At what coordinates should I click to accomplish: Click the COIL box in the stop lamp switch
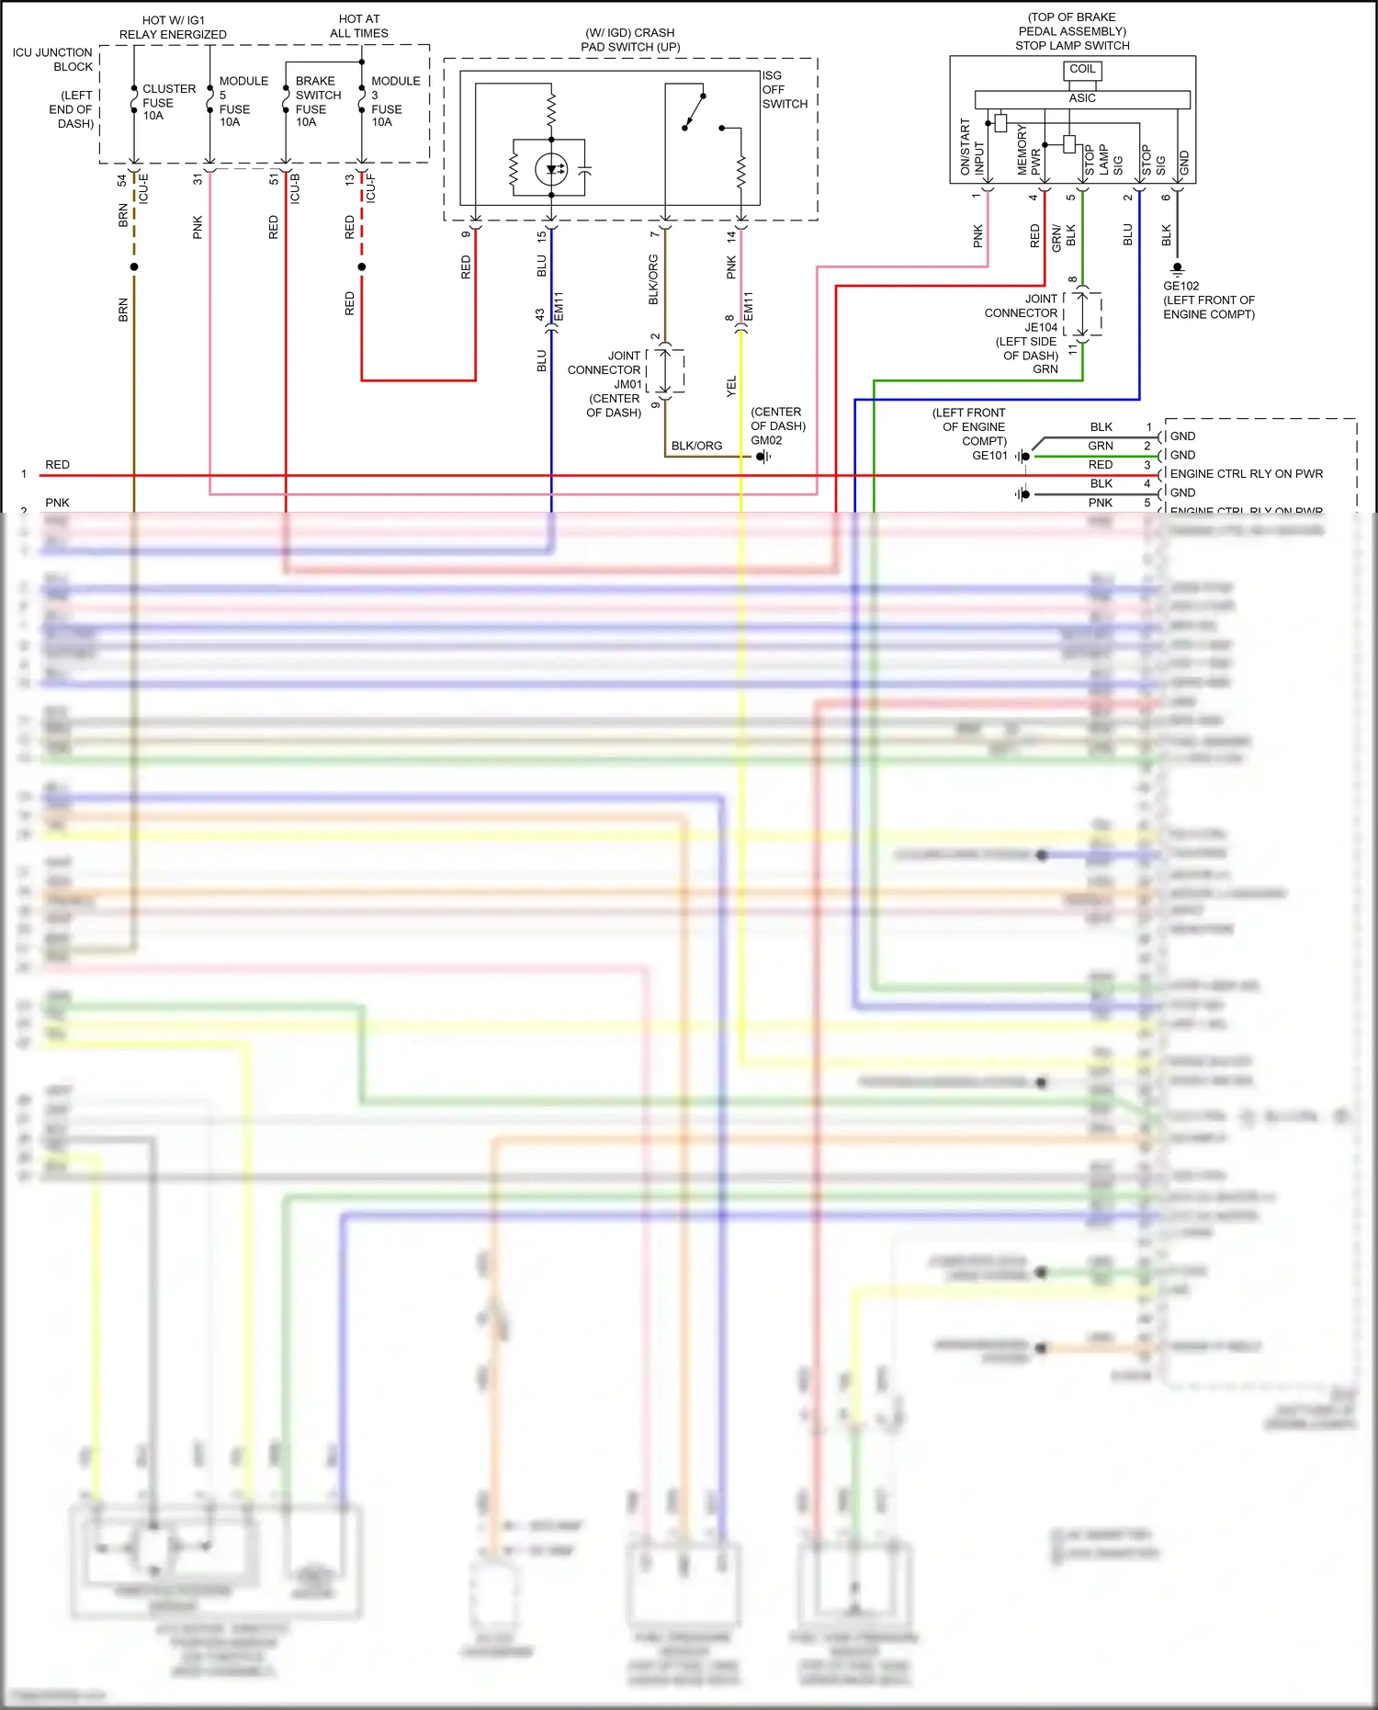click(x=1082, y=70)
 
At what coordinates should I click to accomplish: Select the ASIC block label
click(x=1082, y=98)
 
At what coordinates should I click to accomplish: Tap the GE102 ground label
click(x=1180, y=286)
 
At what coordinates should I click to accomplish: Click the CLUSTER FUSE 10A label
click(x=168, y=102)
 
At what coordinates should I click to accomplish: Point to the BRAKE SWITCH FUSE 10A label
click(x=317, y=101)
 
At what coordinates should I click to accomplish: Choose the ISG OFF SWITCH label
click(x=784, y=90)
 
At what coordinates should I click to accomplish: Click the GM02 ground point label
click(x=766, y=440)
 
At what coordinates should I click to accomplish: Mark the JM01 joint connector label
click(x=628, y=384)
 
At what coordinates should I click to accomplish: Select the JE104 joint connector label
click(x=1041, y=327)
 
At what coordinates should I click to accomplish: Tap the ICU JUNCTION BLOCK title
click(x=52, y=60)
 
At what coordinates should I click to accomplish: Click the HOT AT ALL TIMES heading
click(x=359, y=26)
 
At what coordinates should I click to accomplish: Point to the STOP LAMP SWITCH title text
click(x=1072, y=45)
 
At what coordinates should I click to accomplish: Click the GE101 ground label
click(x=989, y=456)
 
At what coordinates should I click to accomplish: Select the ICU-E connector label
click(x=143, y=188)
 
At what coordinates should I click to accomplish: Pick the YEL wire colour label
click(x=731, y=387)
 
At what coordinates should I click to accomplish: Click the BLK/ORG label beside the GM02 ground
click(x=696, y=446)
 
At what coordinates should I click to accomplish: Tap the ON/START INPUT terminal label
click(x=972, y=147)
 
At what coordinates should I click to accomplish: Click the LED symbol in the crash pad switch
click(x=551, y=169)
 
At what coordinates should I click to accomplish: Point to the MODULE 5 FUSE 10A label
click(x=243, y=101)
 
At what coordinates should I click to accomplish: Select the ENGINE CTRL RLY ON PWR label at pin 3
click(x=1246, y=474)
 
